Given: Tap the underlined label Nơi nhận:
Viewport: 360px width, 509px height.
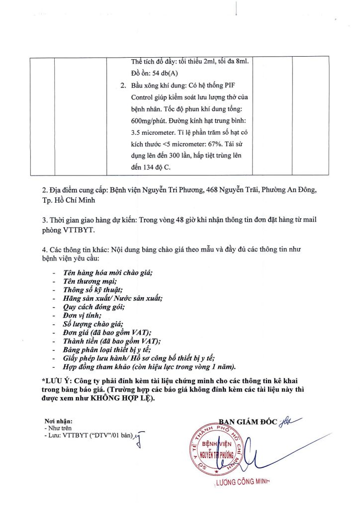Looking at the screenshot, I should (58, 421).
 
